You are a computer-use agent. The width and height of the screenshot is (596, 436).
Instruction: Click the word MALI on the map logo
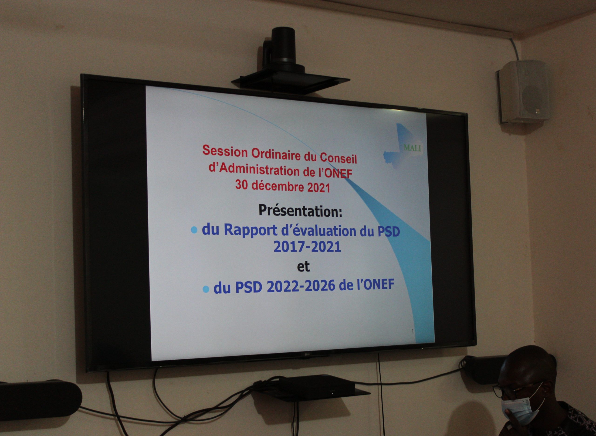[412, 148]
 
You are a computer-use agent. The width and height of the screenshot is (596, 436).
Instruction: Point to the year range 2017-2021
[307, 247]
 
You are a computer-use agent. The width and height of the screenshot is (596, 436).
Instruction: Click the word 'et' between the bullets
[303, 267]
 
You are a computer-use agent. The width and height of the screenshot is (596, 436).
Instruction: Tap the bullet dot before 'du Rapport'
[194, 230]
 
